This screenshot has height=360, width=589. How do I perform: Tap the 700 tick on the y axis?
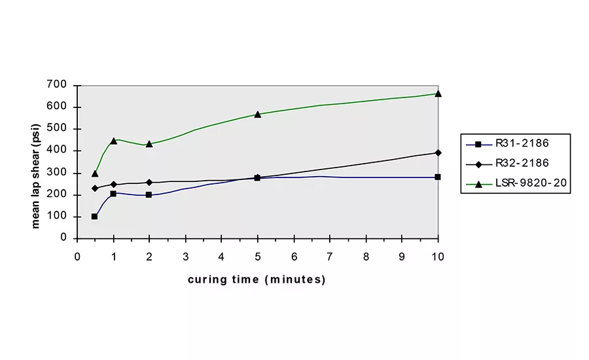point(58,85)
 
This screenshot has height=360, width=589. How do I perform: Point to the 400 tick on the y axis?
point(58,151)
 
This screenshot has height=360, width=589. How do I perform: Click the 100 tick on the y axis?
point(58,216)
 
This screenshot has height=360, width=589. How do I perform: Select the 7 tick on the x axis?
point(330,257)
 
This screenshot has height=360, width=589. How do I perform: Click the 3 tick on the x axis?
point(185,257)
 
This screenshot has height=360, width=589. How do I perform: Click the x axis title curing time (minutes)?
point(257,279)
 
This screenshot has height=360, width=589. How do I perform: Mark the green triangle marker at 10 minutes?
point(438,94)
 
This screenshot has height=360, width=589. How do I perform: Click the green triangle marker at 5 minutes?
point(258,115)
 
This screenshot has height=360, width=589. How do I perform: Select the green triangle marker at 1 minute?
point(113,141)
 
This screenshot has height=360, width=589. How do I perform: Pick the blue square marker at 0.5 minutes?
point(95,217)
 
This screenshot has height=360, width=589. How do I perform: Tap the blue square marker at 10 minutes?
point(438,177)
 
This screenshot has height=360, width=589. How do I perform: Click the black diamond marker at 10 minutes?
point(438,153)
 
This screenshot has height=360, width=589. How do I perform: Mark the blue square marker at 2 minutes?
point(149,194)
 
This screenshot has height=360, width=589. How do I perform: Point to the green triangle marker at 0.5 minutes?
point(95,173)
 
